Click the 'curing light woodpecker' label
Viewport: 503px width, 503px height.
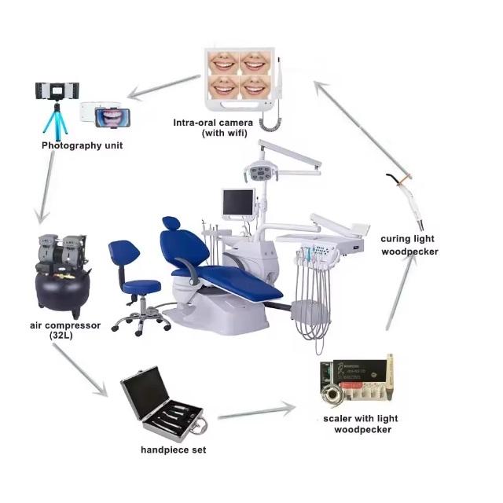(407, 244)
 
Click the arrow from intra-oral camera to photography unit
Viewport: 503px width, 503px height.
(162, 87)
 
